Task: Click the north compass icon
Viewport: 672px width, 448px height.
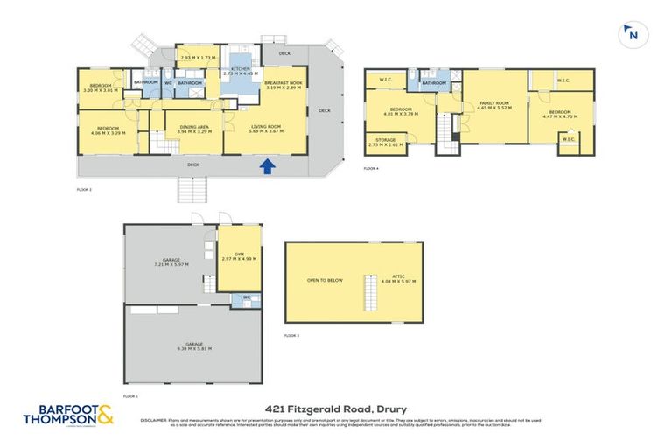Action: tap(631, 35)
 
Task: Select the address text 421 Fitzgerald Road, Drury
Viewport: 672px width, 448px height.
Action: tap(336, 409)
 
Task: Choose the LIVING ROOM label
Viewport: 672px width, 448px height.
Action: tap(266, 129)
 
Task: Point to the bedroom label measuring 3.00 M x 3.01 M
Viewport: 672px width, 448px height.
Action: tap(98, 87)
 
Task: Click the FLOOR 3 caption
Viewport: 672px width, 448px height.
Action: tap(292, 336)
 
